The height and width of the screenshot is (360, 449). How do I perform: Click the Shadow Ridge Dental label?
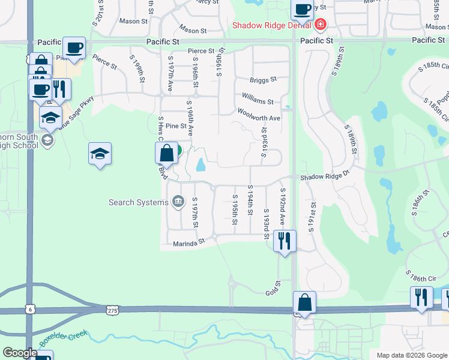click(x=271, y=25)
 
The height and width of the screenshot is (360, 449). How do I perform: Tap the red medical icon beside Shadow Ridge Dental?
click(x=320, y=25)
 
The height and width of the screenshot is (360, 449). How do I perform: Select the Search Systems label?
click(x=139, y=202)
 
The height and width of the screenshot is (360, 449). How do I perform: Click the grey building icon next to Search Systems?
click(x=178, y=202)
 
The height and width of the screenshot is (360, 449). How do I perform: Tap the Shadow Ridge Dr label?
click(x=325, y=176)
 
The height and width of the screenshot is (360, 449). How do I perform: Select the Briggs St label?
click(x=264, y=79)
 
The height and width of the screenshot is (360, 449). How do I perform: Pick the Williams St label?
click(x=258, y=102)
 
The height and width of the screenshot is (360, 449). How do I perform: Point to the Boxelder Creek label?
click(x=64, y=338)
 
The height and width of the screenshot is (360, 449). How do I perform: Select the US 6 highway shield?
click(x=30, y=308)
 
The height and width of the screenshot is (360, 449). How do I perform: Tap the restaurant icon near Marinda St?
click(x=283, y=240)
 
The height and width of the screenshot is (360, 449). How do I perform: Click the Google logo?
click(x=20, y=353)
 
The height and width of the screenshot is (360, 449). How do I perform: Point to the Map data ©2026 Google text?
click(x=411, y=355)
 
